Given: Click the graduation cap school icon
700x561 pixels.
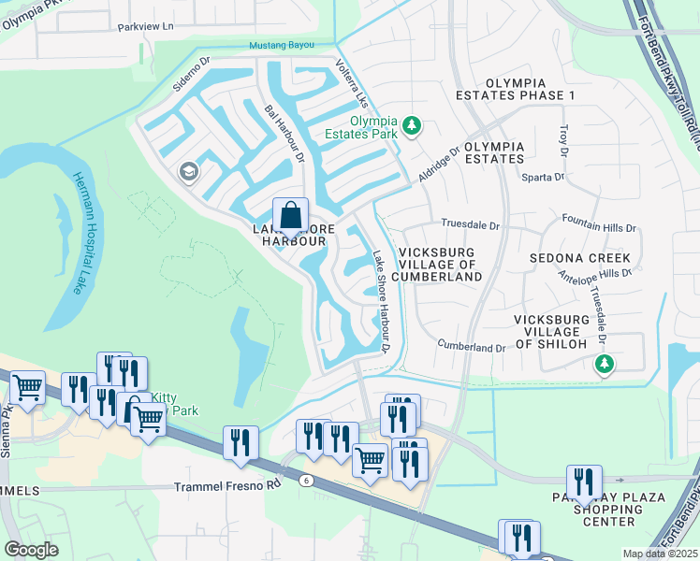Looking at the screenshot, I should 188,171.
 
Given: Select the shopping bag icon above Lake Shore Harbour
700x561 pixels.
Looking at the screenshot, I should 291,216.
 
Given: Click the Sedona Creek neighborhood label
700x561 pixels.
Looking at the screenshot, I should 579,257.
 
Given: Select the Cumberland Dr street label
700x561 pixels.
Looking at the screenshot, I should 471,347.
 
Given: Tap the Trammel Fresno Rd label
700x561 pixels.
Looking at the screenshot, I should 228,487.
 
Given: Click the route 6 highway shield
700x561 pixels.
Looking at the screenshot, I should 305,481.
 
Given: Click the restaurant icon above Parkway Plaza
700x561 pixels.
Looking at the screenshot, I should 584,482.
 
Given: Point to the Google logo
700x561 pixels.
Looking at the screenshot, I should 32,550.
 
